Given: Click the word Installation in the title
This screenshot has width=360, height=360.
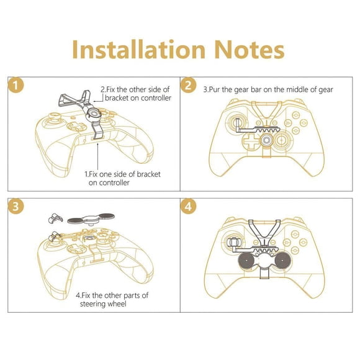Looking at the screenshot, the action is coord(138,50).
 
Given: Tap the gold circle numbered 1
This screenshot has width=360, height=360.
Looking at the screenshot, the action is coord(16,85).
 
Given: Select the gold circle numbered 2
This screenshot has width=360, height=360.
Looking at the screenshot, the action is coord(188,85).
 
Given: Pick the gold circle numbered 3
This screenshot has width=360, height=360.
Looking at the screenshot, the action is coord(16,206).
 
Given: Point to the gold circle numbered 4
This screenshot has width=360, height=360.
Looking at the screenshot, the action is coord(188,206).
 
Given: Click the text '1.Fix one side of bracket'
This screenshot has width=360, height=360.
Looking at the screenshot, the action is coord(122,174).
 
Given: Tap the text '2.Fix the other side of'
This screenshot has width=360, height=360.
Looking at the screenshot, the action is coord(135,89).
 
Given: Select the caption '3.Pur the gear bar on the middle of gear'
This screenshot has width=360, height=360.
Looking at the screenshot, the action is coord(268,89).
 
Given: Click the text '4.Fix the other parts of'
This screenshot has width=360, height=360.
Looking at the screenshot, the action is coord(112,295).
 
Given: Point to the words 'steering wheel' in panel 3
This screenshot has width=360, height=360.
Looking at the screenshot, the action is coord(103,304).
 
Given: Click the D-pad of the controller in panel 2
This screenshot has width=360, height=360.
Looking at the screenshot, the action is coord(251,141).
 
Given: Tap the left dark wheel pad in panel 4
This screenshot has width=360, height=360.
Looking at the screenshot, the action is coord(246,261).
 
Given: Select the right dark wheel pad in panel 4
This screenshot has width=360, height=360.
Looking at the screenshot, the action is coord(282,261).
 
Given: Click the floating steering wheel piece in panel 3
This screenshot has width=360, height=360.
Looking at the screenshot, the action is coord(91,219).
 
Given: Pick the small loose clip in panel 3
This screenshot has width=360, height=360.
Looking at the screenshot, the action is coord(55,218).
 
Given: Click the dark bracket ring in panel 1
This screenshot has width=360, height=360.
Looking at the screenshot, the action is coord(94,114).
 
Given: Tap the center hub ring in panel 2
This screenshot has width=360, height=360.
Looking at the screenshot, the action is coord(266,140).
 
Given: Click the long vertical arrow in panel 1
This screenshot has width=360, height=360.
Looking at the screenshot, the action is coord(98,156).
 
